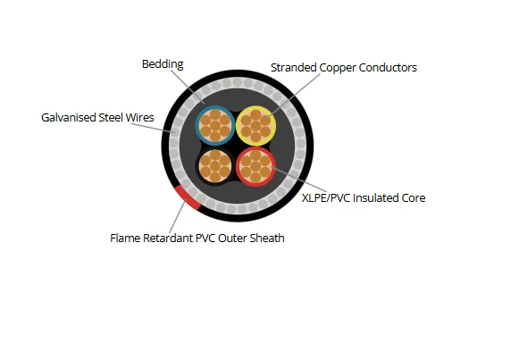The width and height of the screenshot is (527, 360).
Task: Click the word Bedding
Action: [x=163, y=64]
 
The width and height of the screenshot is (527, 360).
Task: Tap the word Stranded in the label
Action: [x=294, y=68]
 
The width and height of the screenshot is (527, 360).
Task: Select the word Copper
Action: [x=338, y=68]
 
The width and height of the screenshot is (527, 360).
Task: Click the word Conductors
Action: [x=388, y=68]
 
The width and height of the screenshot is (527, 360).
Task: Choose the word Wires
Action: [x=140, y=118]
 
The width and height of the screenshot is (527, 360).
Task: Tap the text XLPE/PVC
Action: [x=326, y=198]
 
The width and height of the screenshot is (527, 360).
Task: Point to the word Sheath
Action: [x=268, y=239]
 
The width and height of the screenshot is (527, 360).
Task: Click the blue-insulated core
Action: [x=215, y=126]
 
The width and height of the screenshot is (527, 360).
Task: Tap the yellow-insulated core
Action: [x=255, y=126]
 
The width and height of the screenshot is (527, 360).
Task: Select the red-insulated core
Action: [x=255, y=166]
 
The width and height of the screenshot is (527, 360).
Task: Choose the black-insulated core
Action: [x=215, y=166]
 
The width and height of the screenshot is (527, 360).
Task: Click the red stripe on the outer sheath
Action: [x=188, y=197]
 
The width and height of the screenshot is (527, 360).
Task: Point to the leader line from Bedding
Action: [x=188, y=87]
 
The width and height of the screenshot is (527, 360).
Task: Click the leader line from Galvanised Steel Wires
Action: [x=153, y=128]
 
